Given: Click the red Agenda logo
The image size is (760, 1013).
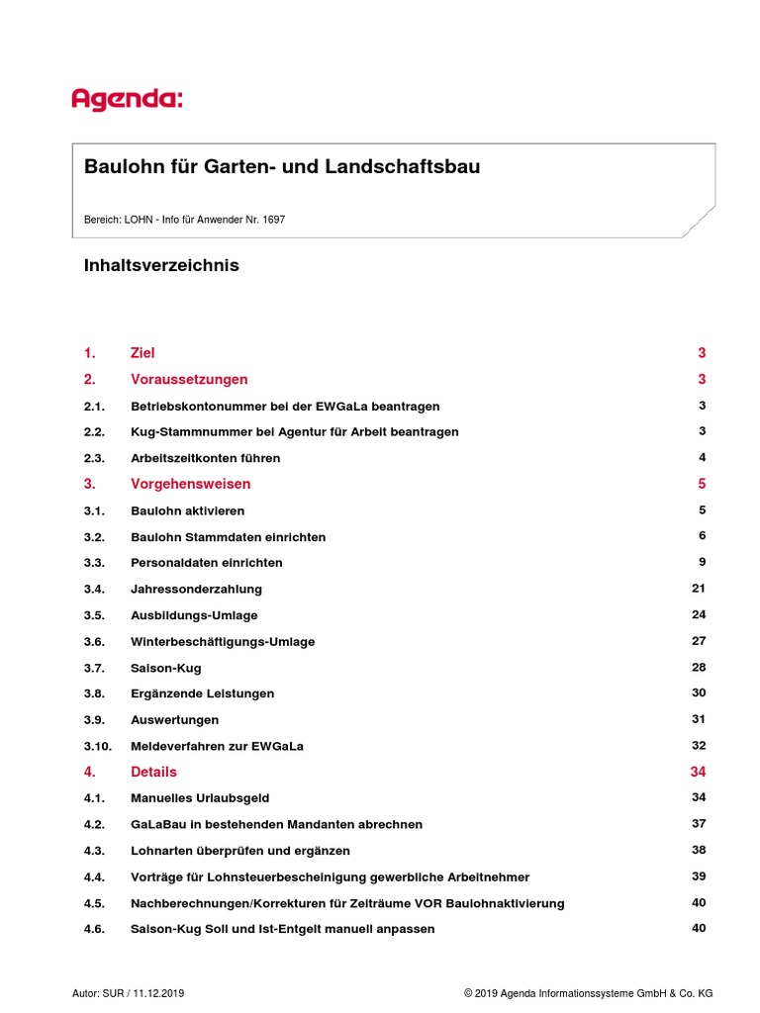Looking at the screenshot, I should [127, 99].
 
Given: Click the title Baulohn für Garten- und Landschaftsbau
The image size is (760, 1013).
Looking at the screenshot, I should [282, 167].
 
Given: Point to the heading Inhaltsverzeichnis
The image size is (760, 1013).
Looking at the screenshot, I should [161, 266].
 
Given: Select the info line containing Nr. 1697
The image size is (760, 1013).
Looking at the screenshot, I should [184, 220].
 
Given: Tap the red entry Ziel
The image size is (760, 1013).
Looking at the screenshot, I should [142, 353].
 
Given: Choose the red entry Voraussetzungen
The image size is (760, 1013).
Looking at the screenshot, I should [189, 380].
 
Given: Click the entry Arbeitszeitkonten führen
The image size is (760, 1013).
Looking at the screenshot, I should [205, 458].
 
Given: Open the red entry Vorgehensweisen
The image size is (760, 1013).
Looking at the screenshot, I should [190, 485].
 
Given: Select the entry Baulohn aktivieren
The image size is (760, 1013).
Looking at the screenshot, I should [187, 511].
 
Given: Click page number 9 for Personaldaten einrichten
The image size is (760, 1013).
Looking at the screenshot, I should [702, 562].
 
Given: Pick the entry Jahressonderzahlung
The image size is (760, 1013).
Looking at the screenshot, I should [196, 590].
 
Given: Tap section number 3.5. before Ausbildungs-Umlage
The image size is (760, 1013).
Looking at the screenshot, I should [94, 615].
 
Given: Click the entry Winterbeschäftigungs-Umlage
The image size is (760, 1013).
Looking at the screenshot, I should [223, 642].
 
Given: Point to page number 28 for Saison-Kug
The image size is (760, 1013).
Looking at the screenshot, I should [699, 667].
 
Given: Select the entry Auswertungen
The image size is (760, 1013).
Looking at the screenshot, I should [174, 720].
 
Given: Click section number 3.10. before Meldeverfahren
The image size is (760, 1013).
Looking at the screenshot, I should [97, 746].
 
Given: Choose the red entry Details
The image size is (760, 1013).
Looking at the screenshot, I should [153, 772].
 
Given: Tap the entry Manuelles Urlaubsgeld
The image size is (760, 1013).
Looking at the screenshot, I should [200, 798].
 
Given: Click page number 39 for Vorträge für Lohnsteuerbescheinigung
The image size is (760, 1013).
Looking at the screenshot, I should [699, 876].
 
